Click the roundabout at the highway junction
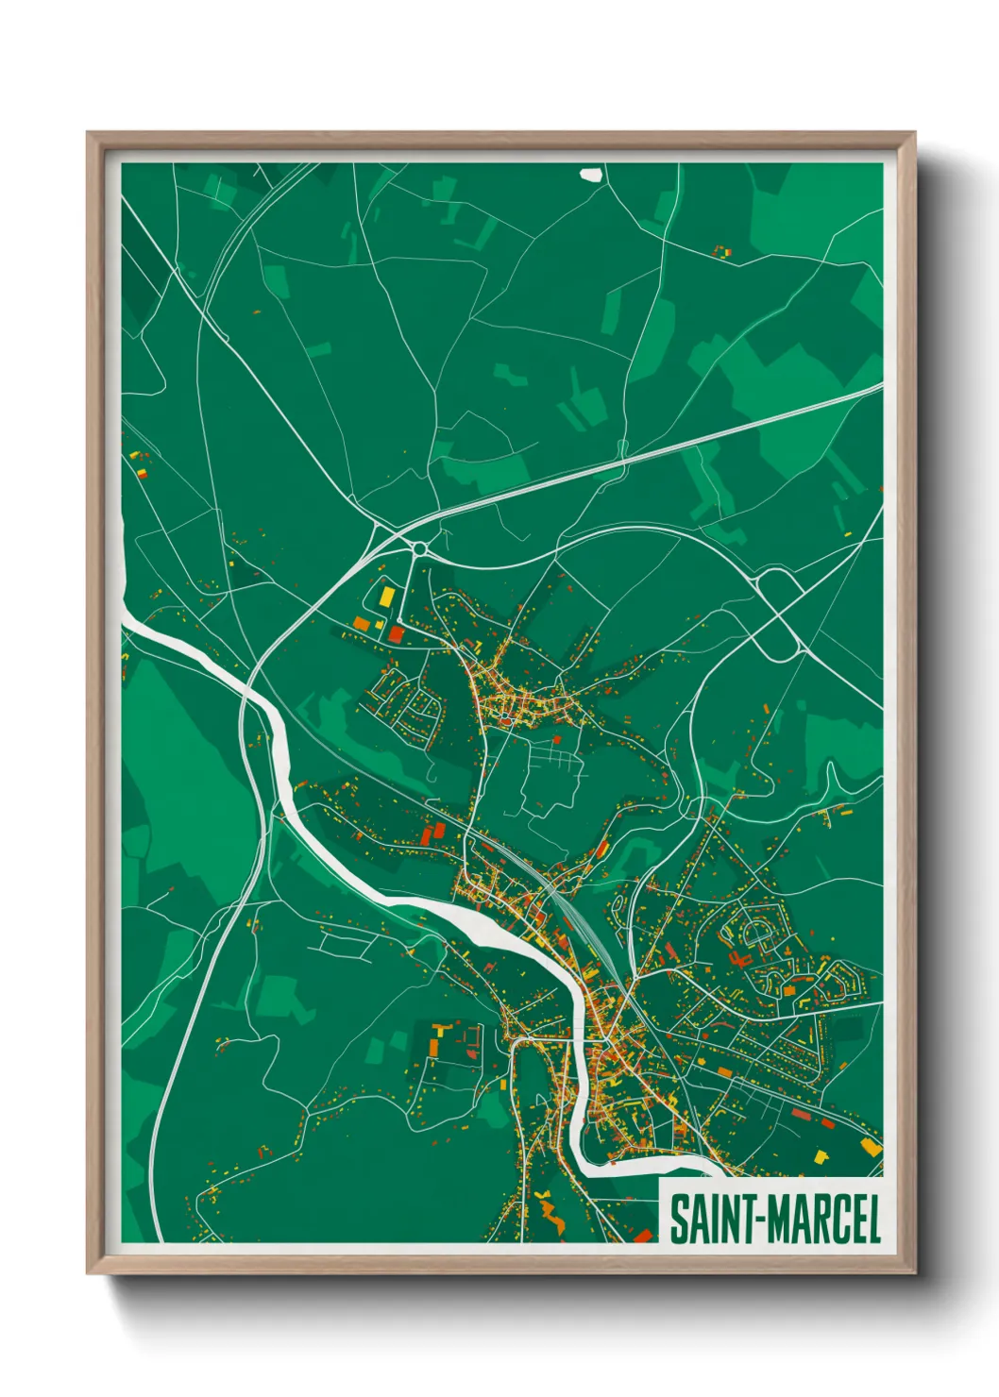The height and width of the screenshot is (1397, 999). tap(418, 548)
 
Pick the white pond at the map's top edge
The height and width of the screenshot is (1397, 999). tap(591, 174)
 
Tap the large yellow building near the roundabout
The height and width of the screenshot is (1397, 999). tap(388, 596)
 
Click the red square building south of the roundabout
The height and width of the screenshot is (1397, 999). tap(396, 633)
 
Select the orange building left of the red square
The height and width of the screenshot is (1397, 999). tap(362, 623)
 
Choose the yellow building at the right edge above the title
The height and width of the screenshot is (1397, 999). tap(871, 1147)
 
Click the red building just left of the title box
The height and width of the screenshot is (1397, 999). tap(644, 1236)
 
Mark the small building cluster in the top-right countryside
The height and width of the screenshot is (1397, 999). tap(721, 252)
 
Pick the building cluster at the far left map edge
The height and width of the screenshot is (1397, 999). tap(139, 463)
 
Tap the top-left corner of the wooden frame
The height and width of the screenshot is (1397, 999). tap(88, 134)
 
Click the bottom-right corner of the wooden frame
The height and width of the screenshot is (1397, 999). tap(914, 1272)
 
